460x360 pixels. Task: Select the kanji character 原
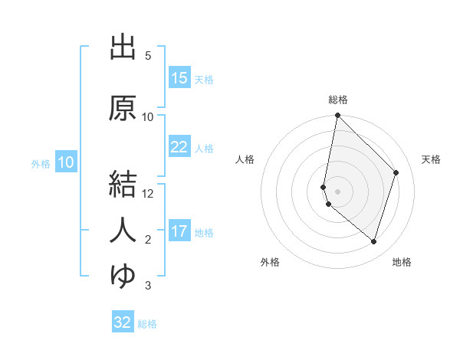pos(123,109)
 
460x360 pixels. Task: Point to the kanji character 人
pos(123,231)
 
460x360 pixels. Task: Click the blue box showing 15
pos(179,78)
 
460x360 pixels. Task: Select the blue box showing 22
pos(179,147)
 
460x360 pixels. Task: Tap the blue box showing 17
pos(179,231)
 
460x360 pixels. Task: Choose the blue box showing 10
pos(66,162)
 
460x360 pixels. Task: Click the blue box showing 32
pos(123,322)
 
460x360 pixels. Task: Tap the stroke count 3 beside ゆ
pos(148,286)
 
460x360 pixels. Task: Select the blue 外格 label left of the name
pos(41,163)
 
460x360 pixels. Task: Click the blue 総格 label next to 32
pos(148,323)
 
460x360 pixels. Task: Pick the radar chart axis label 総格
pos(338,100)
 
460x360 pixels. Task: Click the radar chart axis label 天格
pos(432,159)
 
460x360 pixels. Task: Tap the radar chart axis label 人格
pos(245,159)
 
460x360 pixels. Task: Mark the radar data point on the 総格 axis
pos(338,116)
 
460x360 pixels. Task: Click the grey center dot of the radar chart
pos(338,191)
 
